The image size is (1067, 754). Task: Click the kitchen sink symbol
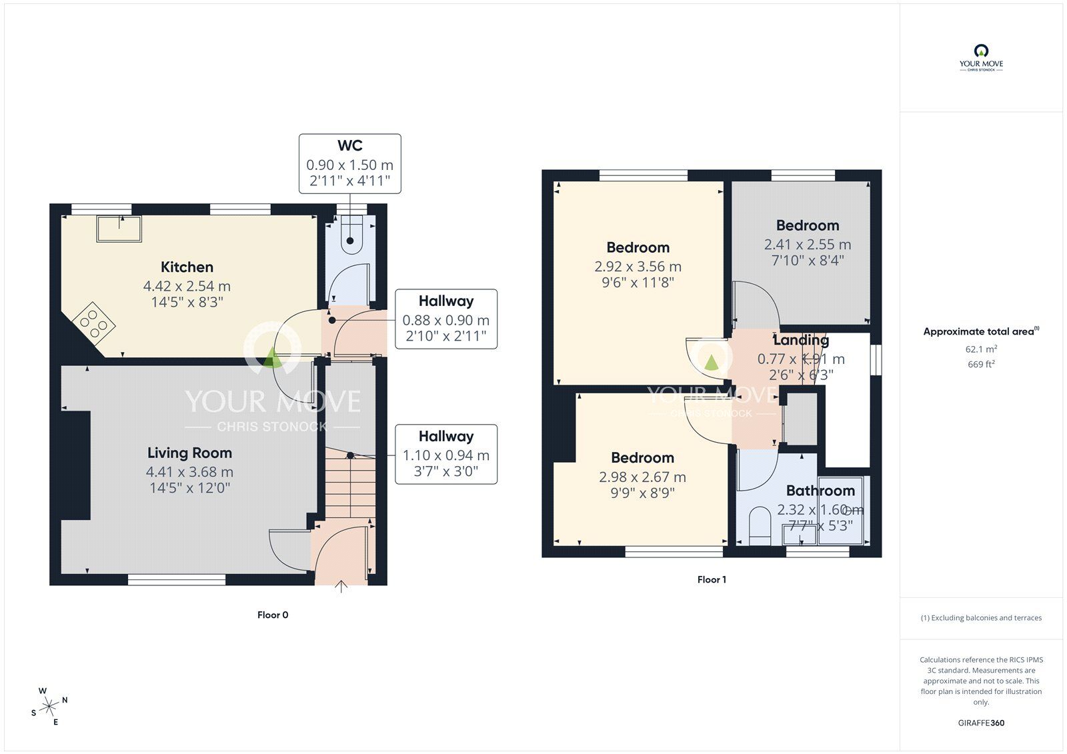(119, 229)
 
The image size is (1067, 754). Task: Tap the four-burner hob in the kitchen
(93, 323)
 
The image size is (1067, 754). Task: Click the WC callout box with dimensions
(349, 164)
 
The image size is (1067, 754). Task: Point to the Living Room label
(189, 453)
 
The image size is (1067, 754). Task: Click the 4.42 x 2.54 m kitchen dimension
(187, 286)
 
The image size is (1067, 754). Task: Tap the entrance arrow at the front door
(341, 587)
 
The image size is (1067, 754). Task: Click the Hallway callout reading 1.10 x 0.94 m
(445, 455)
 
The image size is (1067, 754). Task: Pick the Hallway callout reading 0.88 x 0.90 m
(445, 319)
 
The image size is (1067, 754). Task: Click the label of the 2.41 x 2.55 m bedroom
(807, 225)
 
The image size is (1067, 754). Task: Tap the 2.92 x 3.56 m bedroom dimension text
(638, 267)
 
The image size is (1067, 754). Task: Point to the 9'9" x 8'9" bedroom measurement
(642, 493)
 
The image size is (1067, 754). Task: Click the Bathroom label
(820, 491)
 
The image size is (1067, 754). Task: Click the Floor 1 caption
(712, 580)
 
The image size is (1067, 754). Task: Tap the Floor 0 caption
(273, 615)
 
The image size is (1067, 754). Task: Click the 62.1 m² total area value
(981, 349)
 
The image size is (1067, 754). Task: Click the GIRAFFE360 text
(981, 723)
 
